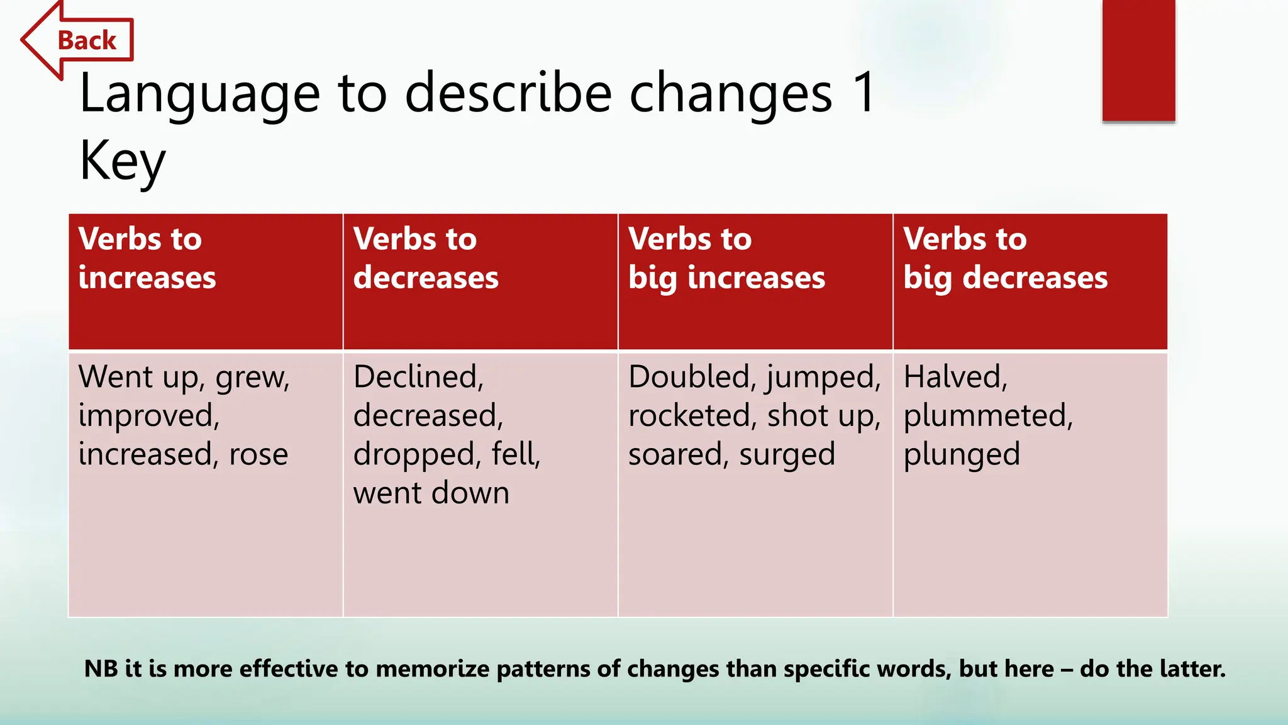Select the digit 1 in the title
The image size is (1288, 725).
point(865,93)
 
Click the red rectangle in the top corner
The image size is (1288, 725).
point(1138,60)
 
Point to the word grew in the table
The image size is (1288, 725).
point(252,378)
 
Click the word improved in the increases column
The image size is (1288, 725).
point(148,416)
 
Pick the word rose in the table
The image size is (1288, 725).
point(258,454)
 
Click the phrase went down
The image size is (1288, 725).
point(431,493)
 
